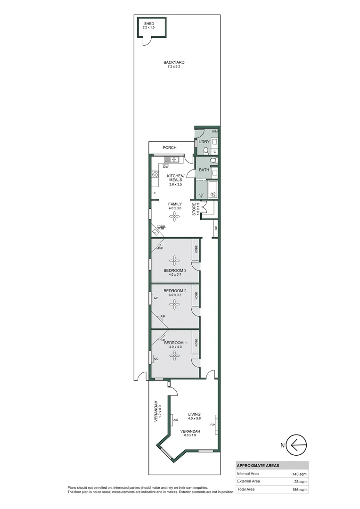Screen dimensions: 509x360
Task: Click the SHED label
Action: coord(149,24)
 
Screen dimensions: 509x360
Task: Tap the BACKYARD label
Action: coord(173,62)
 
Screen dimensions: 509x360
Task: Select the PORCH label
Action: coord(170,148)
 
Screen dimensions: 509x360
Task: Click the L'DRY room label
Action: coord(204,142)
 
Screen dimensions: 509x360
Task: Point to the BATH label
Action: coord(204,170)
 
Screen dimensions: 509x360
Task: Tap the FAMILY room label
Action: coord(175,204)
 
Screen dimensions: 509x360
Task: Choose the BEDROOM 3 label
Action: coord(175,270)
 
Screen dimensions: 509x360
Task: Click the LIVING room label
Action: coord(195,413)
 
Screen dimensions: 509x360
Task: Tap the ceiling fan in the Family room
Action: coord(175,216)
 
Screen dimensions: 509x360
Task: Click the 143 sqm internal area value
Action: coord(299,473)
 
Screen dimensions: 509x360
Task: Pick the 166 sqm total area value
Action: coord(299,490)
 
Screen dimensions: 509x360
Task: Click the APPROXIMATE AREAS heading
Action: coord(257,465)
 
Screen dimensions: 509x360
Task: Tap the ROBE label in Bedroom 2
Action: coord(196,296)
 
